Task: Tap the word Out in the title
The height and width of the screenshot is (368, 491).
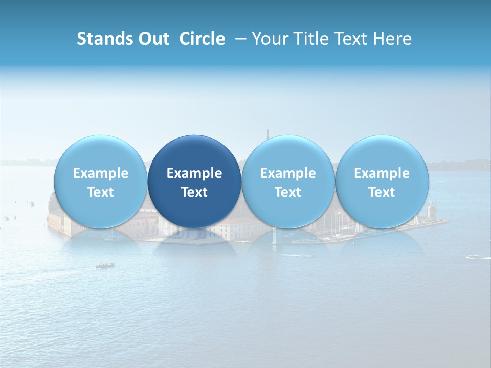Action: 153,39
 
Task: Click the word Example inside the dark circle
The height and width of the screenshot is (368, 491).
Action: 194,173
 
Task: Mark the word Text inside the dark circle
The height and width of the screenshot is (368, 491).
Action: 194,192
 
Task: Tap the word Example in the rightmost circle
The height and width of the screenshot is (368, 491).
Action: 382,173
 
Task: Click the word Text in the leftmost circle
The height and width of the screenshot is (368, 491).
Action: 100,192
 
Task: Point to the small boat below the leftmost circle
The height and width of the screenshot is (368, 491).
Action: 105,265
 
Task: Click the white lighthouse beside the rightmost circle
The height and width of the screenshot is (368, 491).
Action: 431,210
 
